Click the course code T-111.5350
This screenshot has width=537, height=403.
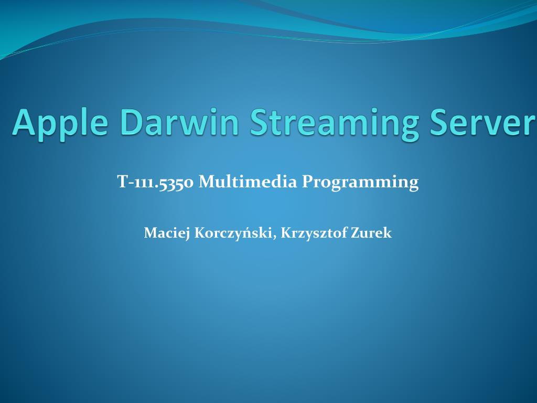point(156,182)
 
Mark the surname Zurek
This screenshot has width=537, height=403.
point(371,233)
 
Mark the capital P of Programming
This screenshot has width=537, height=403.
point(308,182)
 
